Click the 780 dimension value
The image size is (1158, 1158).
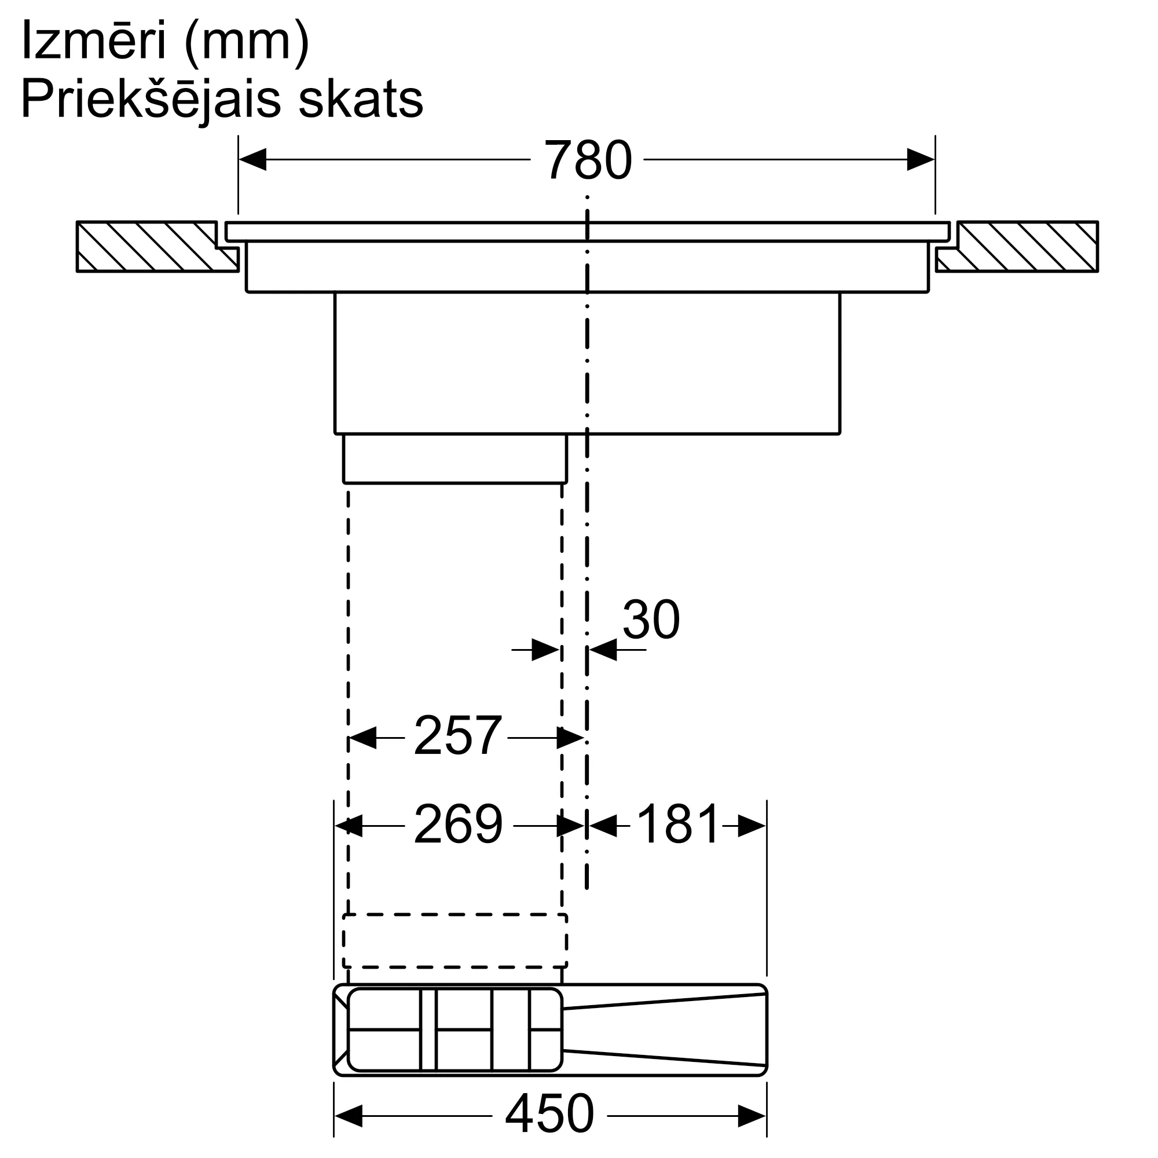coord(587,160)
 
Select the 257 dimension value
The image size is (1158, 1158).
coord(457,736)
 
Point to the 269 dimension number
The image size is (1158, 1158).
coord(458,824)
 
